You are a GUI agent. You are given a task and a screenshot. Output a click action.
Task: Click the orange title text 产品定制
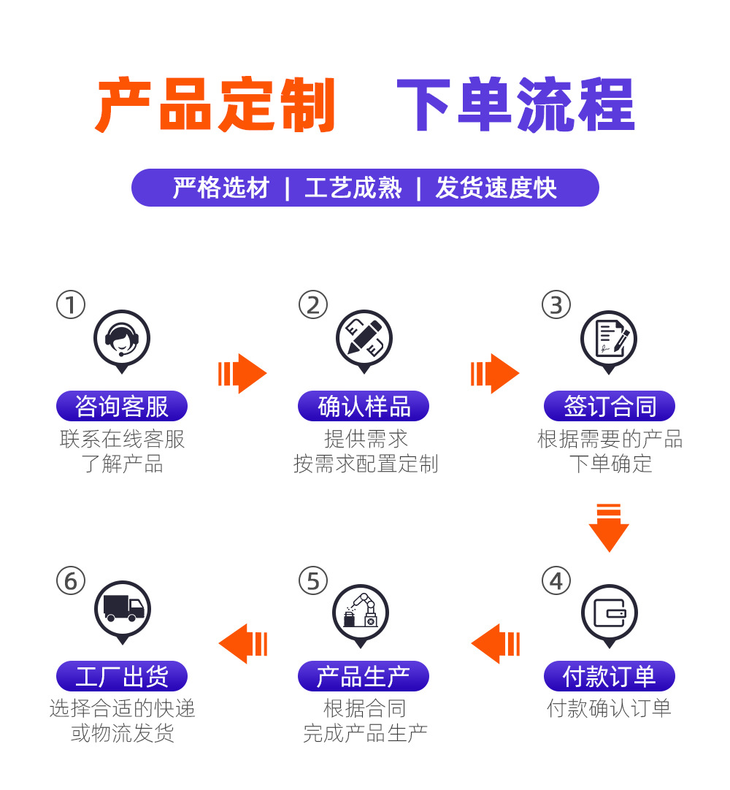tap(215, 106)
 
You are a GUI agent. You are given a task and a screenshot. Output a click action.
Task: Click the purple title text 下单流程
tap(515, 106)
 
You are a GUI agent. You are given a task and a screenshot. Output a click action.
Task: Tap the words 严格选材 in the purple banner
tap(221, 188)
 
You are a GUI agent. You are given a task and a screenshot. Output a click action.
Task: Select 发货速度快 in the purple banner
tap(496, 188)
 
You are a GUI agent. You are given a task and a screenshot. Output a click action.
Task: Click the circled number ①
tap(71, 304)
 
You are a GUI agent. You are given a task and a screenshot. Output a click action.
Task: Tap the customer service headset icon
tap(122, 338)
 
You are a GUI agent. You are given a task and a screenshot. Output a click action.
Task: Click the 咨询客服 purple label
tap(122, 406)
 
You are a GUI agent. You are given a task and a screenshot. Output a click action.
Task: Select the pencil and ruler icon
tap(364, 338)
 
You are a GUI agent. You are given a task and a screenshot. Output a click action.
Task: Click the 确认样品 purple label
tap(364, 406)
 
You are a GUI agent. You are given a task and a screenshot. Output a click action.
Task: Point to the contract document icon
tap(609, 338)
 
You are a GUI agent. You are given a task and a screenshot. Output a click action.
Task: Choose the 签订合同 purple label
tap(609, 406)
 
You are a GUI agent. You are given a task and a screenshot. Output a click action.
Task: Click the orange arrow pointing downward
tap(609, 527)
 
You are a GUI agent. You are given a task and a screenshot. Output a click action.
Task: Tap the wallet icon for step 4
tap(609, 613)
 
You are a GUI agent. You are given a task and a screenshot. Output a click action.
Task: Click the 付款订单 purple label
tap(609, 676)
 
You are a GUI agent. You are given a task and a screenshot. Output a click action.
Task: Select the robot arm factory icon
tap(361, 613)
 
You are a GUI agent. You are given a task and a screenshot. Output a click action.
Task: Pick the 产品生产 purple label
tap(364, 676)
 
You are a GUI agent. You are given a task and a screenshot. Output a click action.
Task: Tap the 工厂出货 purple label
tap(122, 676)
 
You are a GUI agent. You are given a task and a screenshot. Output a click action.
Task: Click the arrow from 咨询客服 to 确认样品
tap(242, 373)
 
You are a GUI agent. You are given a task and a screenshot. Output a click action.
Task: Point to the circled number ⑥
tap(71, 581)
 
